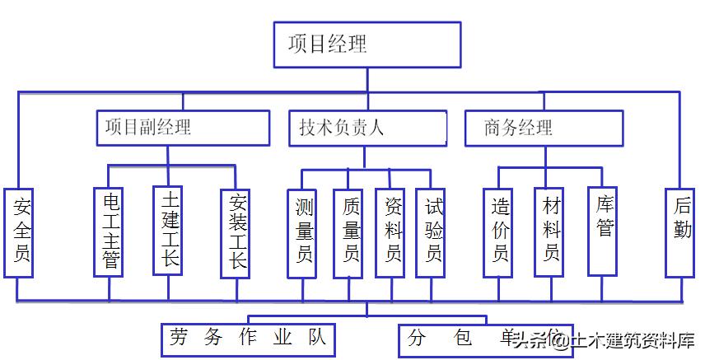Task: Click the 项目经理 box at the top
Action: pos(367,44)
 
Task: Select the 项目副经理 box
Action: pos(183,128)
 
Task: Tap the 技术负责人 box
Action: pos(367,128)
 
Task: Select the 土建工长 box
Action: pos(169,230)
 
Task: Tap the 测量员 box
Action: pos(302,233)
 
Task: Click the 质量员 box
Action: pos(348,233)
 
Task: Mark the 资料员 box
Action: pos(390,233)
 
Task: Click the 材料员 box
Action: pos(549,233)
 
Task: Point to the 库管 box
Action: pos(604,231)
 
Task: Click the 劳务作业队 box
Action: pos(248,339)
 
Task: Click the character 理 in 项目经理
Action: pos(357,44)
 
